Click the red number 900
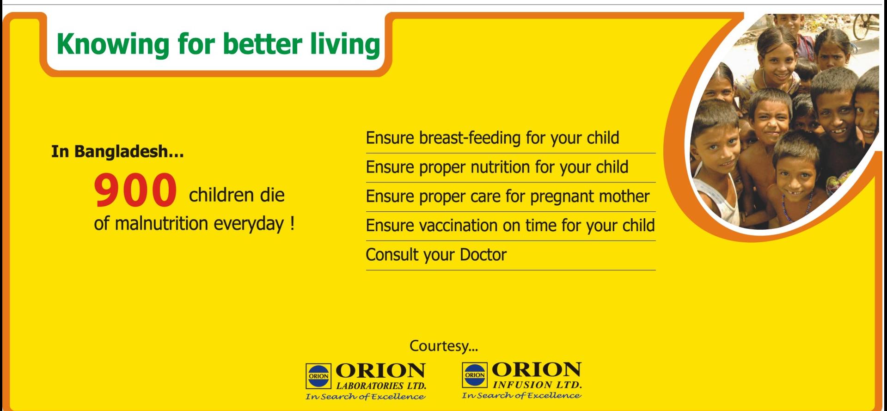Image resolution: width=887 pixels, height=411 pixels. coord(135,190)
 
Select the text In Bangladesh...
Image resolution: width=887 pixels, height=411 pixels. coord(117,152)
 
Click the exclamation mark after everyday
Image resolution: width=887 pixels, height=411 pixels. coord(292,224)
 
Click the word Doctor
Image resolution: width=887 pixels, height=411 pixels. coord(483,255)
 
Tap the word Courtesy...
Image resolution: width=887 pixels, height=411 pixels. coord(443,346)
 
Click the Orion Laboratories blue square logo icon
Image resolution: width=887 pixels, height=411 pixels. coord(318,376)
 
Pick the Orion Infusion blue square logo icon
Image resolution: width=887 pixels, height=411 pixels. coord(475,375)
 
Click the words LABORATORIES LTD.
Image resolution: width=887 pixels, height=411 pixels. coord(381,386)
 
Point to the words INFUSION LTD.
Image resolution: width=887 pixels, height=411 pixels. coord(538,385)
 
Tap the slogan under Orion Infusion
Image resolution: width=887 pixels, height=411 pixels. coord(521,395)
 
